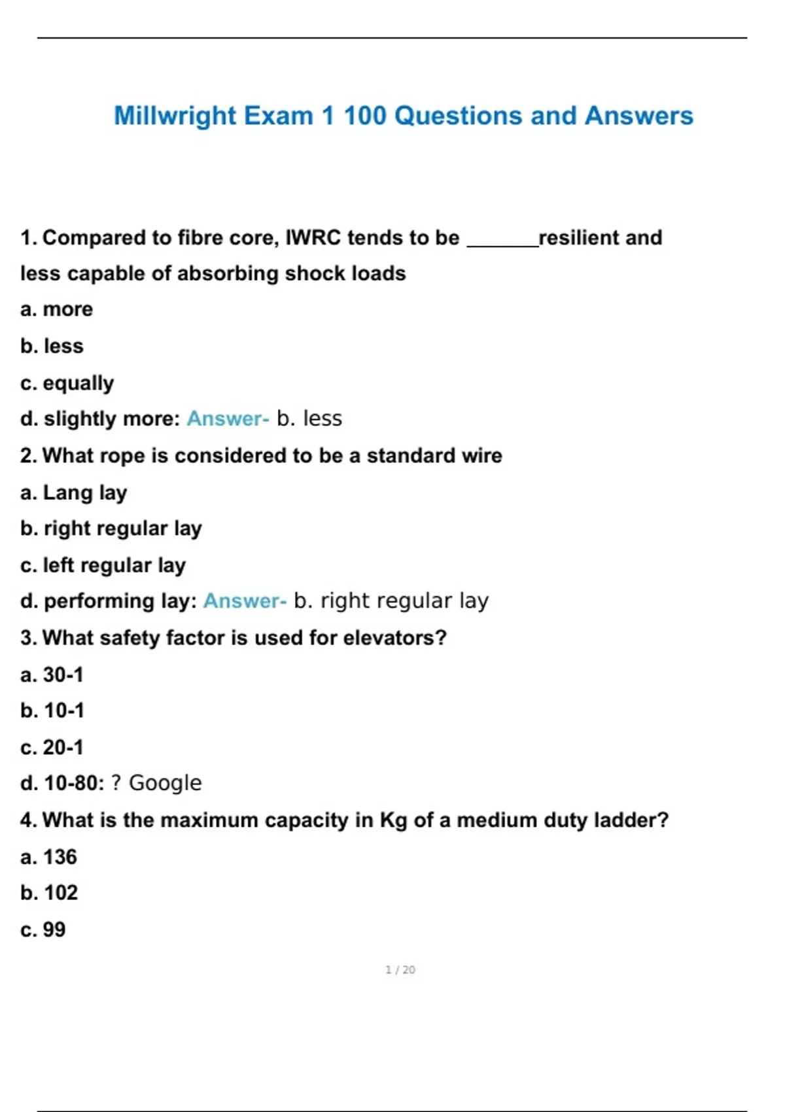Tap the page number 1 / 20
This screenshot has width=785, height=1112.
tap(400, 969)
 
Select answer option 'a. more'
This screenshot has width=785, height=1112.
tap(56, 309)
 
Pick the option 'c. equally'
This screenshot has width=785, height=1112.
tap(67, 383)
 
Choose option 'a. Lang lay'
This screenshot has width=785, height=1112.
tap(73, 493)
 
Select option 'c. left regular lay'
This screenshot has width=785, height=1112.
tap(103, 565)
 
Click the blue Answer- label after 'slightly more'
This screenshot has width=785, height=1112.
tap(228, 419)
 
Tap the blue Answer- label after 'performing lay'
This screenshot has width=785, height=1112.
tap(245, 600)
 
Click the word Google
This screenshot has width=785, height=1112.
tap(165, 783)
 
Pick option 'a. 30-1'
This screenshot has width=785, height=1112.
tap(52, 674)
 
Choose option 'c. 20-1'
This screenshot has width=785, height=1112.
tap(52, 747)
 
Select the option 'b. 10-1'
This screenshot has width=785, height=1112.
tap(52, 710)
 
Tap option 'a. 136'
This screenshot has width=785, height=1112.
tap(48, 857)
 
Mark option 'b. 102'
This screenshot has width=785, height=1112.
tap(49, 893)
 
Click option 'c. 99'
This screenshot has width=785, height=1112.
tap(43, 930)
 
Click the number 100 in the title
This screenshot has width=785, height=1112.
tap(365, 116)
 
